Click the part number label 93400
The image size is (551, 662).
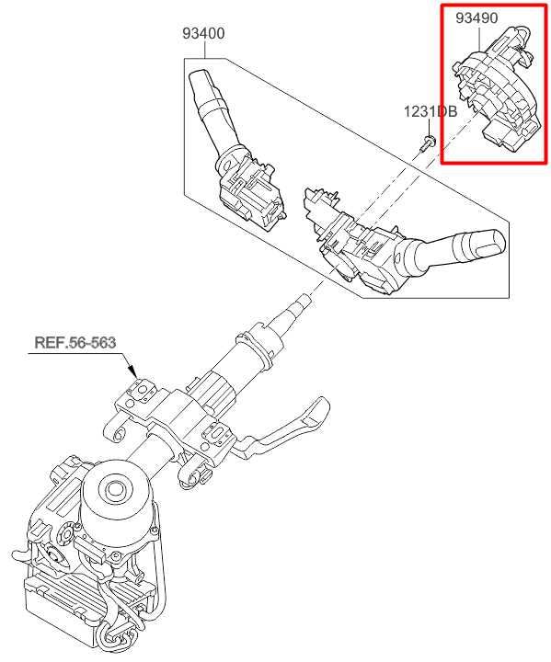point(203,33)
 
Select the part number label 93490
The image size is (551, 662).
point(476,17)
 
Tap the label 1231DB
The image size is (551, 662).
point(430,111)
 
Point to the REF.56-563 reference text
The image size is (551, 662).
point(75,342)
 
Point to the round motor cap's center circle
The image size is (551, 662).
point(115,489)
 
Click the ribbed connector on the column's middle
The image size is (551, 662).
point(215,391)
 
